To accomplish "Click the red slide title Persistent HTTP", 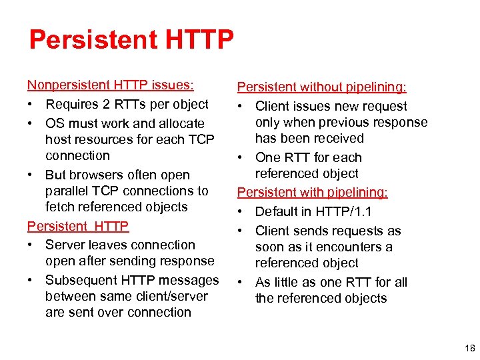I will point(131,40).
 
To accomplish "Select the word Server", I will point(65,245).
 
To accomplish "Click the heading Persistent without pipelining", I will point(322,87).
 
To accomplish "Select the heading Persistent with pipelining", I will point(313,193).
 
